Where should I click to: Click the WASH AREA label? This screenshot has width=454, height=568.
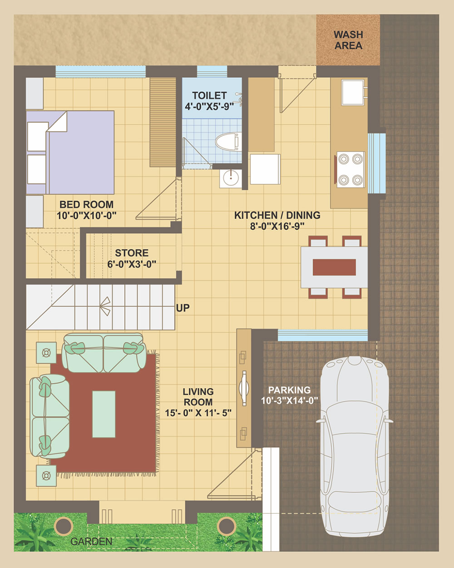[x=348, y=40]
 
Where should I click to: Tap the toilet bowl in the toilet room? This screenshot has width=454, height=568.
[x=228, y=142]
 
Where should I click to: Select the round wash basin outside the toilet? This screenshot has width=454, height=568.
[x=231, y=178]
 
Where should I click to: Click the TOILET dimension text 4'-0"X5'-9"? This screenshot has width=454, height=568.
[x=209, y=107]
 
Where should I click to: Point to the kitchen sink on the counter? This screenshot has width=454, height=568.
[x=353, y=92]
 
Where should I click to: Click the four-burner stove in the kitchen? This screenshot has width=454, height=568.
[x=350, y=169]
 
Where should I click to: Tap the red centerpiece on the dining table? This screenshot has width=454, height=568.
[x=334, y=267]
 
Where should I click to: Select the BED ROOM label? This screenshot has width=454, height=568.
[x=87, y=205]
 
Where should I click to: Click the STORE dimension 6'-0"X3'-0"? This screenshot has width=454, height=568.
[x=132, y=264]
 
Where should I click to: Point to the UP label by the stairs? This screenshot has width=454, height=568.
[x=183, y=308]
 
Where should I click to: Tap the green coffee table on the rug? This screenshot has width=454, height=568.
[x=104, y=414]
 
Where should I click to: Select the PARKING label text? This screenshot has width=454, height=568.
[x=290, y=390]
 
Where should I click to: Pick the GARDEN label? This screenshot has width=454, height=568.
[x=91, y=542]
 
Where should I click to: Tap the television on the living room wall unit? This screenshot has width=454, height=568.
[x=244, y=388]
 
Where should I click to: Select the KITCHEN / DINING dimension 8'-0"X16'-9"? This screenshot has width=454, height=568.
[x=277, y=226]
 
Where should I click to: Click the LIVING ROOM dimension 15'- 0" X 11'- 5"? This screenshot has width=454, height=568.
[x=198, y=413]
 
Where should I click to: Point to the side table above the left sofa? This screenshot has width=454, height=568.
[x=46, y=352]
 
